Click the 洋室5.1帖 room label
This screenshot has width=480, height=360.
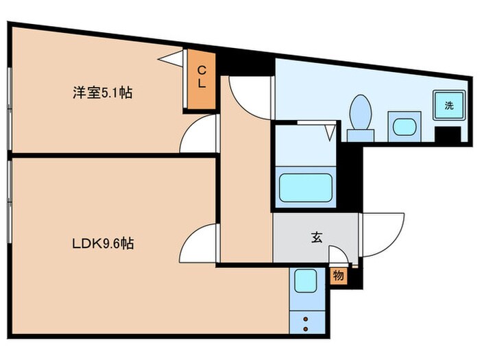click(x=103, y=93)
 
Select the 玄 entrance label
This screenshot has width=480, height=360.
click(x=316, y=238)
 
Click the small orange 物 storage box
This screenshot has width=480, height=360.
click(x=339, y=276)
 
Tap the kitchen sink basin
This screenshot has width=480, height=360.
click(x=304, y=281)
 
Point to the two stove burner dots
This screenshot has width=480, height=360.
click(x=304, y=323)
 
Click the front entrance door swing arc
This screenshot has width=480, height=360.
click(x=374, y=237)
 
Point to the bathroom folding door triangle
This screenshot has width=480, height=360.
click(x=329, y=131)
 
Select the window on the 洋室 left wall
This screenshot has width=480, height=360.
click(x=10, y=107)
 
